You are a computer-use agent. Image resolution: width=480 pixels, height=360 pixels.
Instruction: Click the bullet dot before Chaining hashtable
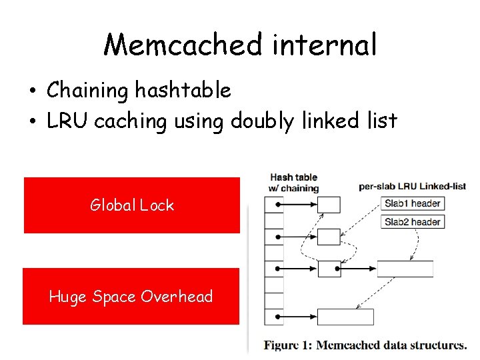pos(33,91)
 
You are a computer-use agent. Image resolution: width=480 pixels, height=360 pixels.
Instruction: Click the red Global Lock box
pos(132,205)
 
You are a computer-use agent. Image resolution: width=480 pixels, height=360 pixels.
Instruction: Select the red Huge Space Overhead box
pos(131,297)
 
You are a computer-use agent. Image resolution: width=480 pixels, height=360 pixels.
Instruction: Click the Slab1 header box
pos(412,203)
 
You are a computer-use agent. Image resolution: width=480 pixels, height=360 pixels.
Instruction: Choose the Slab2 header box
pos(412,221)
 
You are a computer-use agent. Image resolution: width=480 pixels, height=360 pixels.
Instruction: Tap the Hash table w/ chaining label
pos(293,183)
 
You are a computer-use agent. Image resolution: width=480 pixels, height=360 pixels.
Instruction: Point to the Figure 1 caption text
pos(365,345)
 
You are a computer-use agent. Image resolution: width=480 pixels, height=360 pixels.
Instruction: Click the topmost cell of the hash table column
pos(273,205)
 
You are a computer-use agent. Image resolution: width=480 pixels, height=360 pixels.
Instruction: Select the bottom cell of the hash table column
pos(273,317)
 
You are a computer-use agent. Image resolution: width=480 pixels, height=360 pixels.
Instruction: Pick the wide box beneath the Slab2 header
pos(405,269)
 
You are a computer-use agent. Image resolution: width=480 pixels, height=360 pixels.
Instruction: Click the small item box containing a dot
pos(329,269)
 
